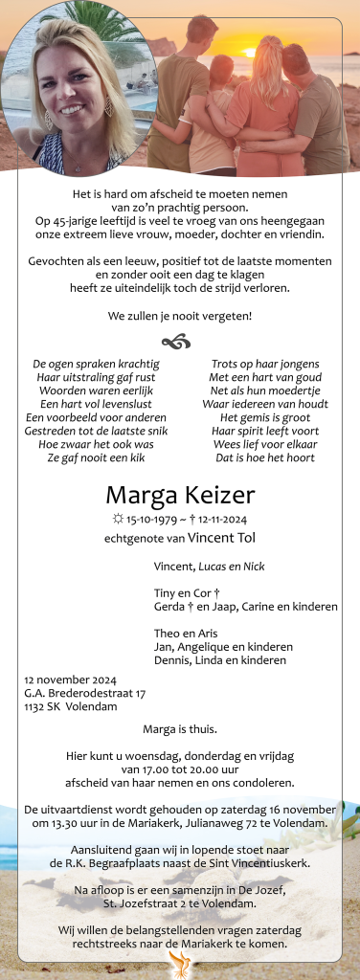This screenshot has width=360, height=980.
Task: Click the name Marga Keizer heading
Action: coord(180,495)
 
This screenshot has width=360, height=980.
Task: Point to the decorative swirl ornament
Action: coord(179,342)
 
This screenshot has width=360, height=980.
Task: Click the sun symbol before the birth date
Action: coord(117,520)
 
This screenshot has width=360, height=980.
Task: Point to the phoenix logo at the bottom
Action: coord(180,965)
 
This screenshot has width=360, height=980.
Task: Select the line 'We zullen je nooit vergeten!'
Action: coord(180,315)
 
